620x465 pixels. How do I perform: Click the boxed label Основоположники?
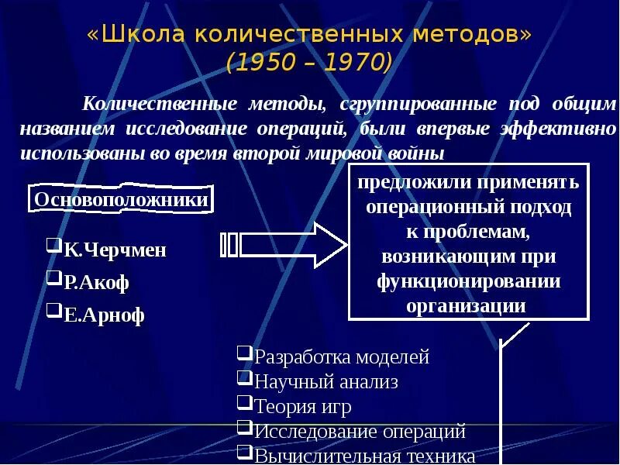pyautogui.click(x=122, y=200)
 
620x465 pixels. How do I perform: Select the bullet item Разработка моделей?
pyautogui.click(x=342, y=357)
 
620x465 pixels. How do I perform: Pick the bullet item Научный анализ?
pyautogui.click(x=326, y=381)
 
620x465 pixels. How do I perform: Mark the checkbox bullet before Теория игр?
pyautogui.click(x=244, y=402)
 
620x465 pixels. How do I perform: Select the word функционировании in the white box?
pyautogui.click(x=469, y=281)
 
